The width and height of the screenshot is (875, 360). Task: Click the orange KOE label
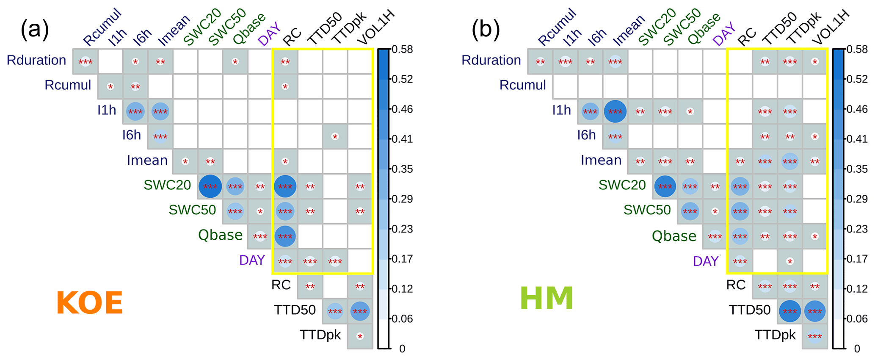click(89, 303)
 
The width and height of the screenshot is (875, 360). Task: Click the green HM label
click(546, 298)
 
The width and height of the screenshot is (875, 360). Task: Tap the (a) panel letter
click(35, 30)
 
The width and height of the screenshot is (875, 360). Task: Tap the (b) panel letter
click(486, 30)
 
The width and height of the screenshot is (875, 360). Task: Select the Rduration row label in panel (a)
click(36, 60)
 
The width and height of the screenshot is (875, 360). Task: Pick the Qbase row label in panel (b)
click(674, 236)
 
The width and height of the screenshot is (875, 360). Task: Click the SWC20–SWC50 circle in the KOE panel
click(210, 186)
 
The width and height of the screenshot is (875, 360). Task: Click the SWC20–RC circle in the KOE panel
click(285, 186)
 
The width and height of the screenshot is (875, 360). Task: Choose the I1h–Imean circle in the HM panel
click(615, 112)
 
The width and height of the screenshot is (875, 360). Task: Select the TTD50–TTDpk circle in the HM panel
click(790, 311)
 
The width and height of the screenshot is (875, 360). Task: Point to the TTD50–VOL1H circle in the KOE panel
click(360, 311)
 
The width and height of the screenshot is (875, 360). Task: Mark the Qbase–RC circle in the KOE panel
click(285, 236)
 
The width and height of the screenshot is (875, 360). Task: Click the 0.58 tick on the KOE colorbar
click(402, 50)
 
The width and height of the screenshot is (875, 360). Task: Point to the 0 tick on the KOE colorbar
click(402, 349)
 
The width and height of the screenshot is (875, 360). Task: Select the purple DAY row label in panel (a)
click(252, 260)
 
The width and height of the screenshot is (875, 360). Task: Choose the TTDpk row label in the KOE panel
click(320, 335)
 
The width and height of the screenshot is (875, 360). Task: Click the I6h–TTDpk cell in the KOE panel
click(335, 136)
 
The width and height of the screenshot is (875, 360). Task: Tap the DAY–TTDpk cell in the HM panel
click(790, 261)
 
